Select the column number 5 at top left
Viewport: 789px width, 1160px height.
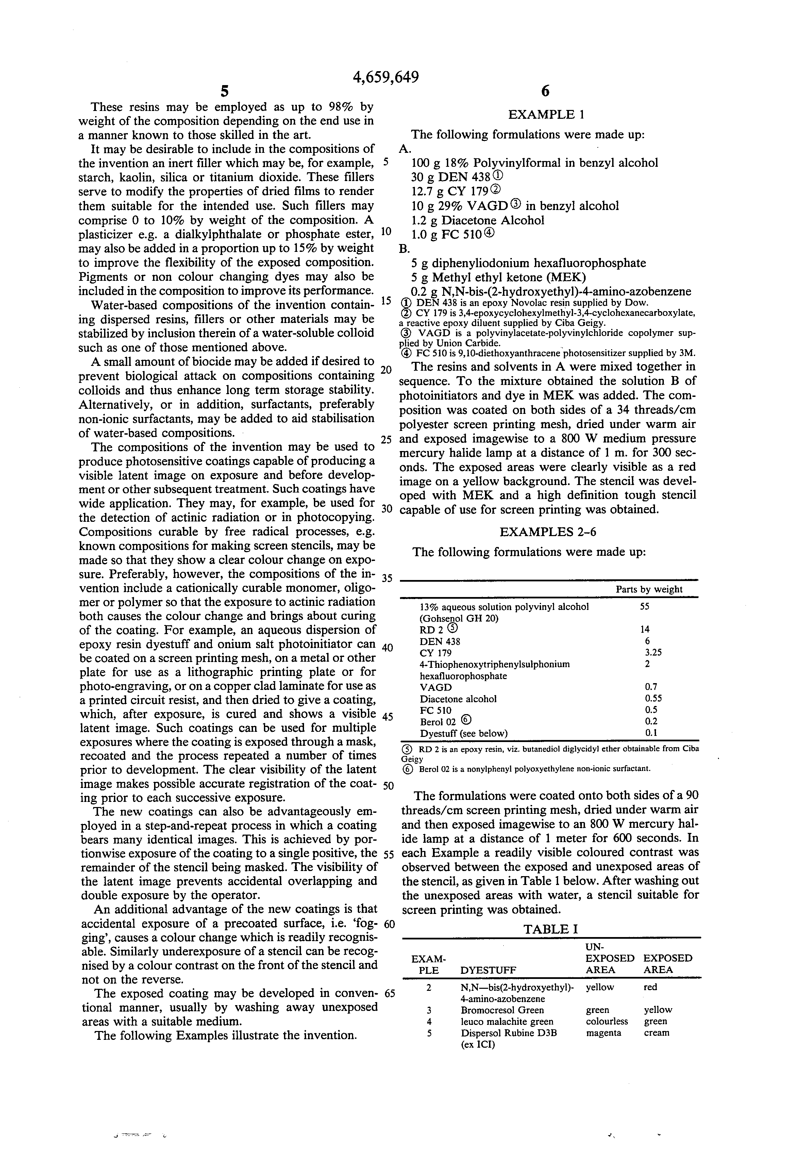(224, 91)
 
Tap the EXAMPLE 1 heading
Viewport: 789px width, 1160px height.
(546, 114)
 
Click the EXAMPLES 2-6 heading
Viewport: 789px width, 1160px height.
(548, 532)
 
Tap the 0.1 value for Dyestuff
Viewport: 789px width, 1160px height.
(651, 733)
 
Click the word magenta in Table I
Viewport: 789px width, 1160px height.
(603, 1033)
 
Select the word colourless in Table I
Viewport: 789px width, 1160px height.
(606, 1021)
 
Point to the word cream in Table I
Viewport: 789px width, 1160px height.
(656, 1033)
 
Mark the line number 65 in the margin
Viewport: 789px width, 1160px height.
(389, 993)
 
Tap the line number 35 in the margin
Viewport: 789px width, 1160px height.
(387, 579)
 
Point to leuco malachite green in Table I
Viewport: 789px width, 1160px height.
(507, 1021)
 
